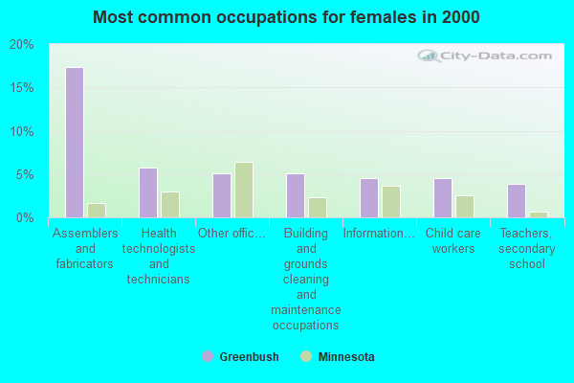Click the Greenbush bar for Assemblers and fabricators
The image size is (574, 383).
point(74,143)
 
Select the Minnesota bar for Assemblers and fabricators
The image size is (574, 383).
point(96,210)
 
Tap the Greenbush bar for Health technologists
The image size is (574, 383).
point(147,192)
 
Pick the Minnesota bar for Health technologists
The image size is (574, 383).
point(169,204)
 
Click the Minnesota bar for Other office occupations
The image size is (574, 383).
point(243,190)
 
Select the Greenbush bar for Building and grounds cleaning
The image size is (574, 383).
point(295,195)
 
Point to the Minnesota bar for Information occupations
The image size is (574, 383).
point(390,201)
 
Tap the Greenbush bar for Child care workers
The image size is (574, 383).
point(442,198)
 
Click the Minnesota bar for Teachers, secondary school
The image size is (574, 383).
point(538,214)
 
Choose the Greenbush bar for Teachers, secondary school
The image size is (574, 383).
point(516,200)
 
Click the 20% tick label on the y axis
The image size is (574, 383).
point(21,45)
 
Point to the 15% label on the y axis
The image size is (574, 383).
point(21,88)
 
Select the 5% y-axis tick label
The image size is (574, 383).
point(25,175)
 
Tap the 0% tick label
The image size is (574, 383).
point(25,218)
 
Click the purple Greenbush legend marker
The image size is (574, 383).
point(208,356)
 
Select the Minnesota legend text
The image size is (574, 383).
point(345,357)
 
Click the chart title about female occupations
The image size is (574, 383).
point(287,17)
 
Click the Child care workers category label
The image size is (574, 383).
point(453,241)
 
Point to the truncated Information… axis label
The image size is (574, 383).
point(379,234)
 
